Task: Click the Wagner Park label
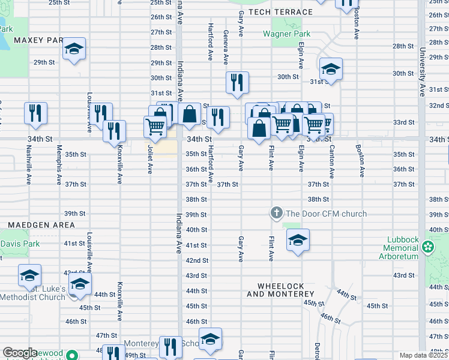pyautogui.click(x=287, y=34)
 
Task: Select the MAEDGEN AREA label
pyautogui.click(x=41, y=225)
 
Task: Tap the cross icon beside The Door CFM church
pyautogui.click(x=276, y=213)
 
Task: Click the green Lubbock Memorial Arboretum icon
pyautogui.click(x=428, y=247)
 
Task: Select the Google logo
pyautogui.click(x=20, y=353)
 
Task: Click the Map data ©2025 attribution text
pyautogui.click(x=424, y=355)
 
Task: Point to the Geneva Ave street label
pyautogui.click(x=226, y=47)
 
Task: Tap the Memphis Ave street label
pyautogui.click(x=59, y=165)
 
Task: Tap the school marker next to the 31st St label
pyautogui.click(x=331, y=69)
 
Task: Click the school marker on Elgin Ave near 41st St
pyautogui.click(x=298, y=240)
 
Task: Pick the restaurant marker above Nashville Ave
pyautogui.click(x=35, y=112)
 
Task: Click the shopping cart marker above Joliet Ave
pyautogui.click(x=155, y=126)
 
